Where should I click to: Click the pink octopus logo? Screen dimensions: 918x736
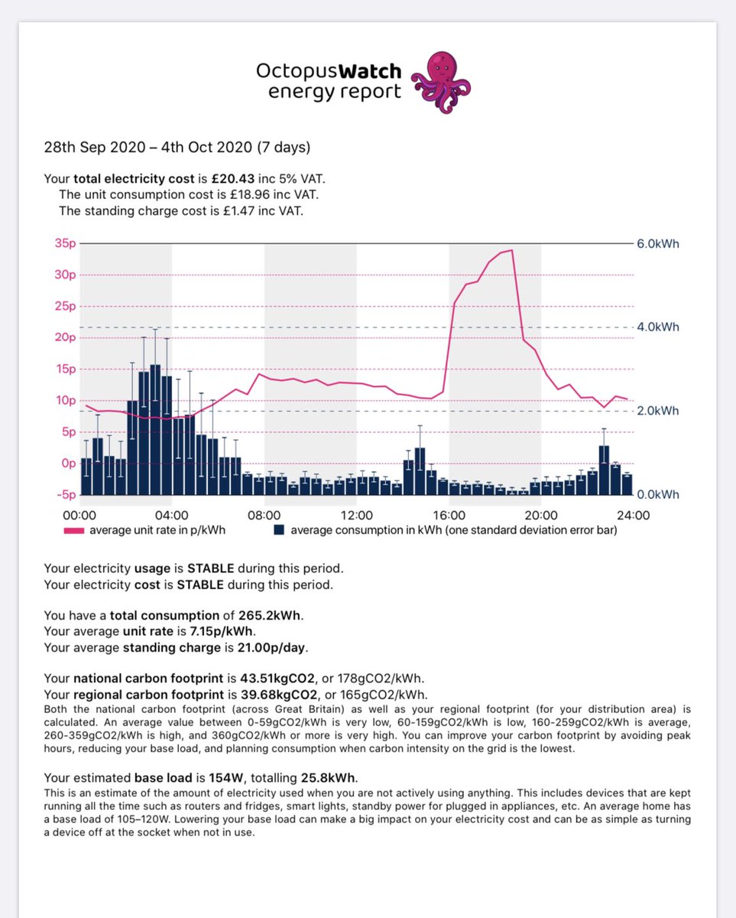coord(441,82)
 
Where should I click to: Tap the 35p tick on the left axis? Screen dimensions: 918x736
coord(66,244)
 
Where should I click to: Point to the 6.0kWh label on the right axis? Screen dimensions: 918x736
coord(658,244)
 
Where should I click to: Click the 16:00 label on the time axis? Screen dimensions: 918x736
coord(449,515)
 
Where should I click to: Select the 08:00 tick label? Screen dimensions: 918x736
coord(264,515)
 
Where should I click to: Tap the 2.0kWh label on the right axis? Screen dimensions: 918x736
coord(658,411)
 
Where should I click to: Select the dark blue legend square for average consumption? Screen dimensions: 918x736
coord(280,529)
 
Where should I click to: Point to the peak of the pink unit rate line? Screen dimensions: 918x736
coord(511,250)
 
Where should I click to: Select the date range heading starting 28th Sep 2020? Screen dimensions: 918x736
coord(177,147)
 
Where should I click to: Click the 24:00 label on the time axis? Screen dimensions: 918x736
coord(633,515)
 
